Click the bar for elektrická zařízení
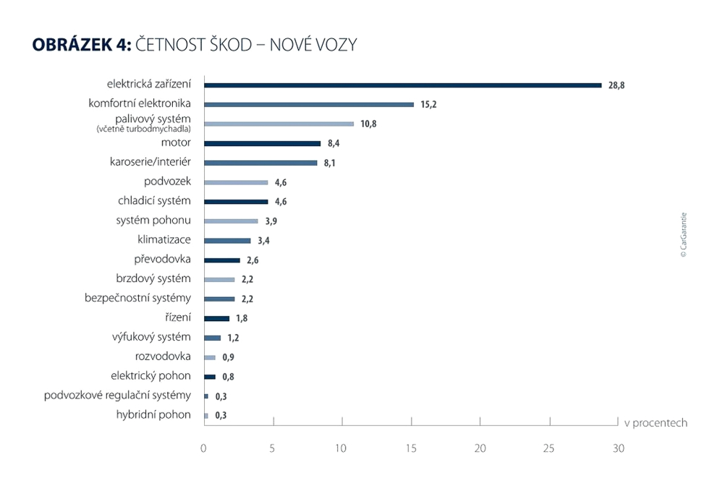403,85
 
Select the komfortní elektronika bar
309,105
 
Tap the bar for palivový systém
279,124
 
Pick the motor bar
263,143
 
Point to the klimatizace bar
228,241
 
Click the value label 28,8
616,85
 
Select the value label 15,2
428,105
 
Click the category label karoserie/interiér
145,162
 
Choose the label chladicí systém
154,200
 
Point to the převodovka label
163,259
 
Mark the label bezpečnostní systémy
138,298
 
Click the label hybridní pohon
153,414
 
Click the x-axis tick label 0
204,448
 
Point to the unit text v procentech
656,423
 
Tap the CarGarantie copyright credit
684,235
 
